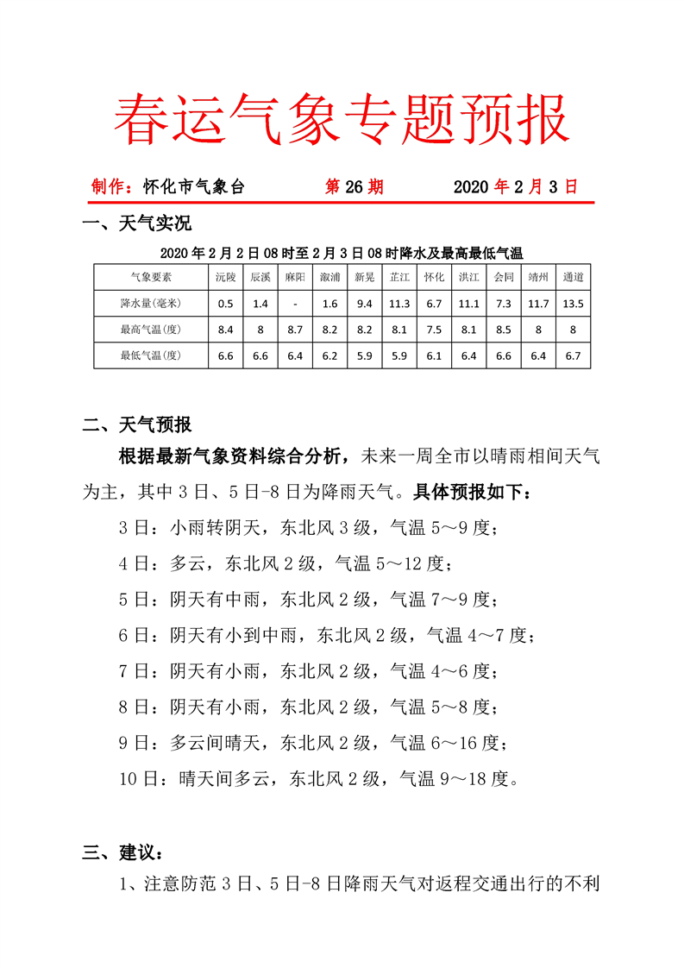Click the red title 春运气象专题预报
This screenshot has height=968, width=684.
click(x=342, y=118)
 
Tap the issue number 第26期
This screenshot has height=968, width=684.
click(x=354, y=187)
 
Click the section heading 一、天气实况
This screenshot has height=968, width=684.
click(x=135, y=226)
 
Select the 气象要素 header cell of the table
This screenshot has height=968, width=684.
click(x=151, y=278)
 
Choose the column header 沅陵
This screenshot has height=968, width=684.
click(x=226, y=278)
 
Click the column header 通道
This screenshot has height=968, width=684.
click(x=573, y=278)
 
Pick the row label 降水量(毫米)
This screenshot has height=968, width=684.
click(x=151, y=304)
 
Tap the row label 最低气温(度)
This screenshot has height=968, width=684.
click(x=151, y=355)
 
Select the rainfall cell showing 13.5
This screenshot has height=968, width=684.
click(x=573, y=304)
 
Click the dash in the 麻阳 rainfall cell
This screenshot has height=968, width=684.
click(x=295, y=304)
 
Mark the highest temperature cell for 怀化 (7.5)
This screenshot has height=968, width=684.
click(x=434, y=330)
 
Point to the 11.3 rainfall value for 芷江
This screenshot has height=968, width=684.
click(x=399, y=304)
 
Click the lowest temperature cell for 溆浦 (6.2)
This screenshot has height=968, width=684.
click(x=329, y=355)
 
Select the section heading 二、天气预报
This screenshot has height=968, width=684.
click(x=135, y=424)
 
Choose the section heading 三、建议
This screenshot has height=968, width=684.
click(x=121, y=853)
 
